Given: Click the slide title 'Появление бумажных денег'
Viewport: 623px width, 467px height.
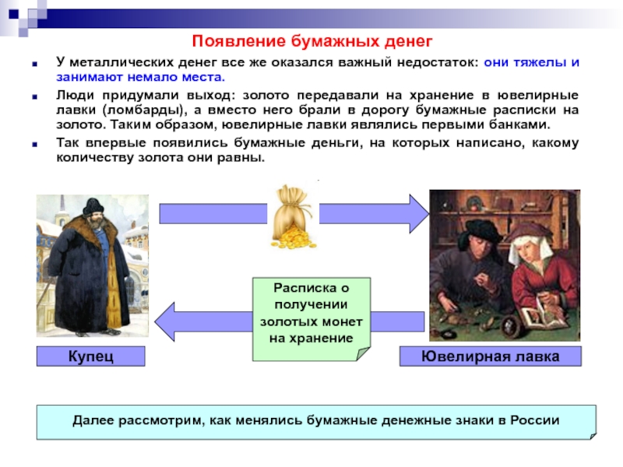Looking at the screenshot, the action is [x=311, y=40].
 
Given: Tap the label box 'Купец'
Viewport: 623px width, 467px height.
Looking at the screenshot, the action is [x=90, y=356].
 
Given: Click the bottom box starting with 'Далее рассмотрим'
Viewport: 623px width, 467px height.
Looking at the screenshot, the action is [x=316, y=421].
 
